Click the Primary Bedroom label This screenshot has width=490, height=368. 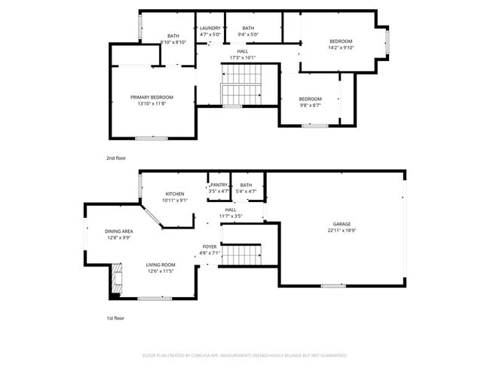coord(152,97)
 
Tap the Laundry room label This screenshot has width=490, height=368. coord(210,28)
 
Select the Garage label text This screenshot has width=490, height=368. coord(342,224)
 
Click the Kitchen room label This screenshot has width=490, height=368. coord(175,194)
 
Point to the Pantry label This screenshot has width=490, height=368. coord(219,185)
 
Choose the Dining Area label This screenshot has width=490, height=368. coord(119,231)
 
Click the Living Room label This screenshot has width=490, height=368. coord(161,265)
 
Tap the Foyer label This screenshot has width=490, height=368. coord(209,247)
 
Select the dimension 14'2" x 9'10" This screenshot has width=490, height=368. coord(341,48)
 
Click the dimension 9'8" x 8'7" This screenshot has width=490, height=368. coord(310,106)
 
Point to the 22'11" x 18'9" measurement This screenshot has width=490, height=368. coord(342,231)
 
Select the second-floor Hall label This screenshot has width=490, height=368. coord(242,51)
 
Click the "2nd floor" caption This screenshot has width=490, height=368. coord(116,159)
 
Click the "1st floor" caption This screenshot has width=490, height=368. coord(116,318)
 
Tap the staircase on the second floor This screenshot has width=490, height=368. coord(240,84)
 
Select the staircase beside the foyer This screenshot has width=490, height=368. coord(243,255)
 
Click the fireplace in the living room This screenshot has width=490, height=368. coord(116,279)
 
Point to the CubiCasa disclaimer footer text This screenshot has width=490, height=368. coord(245,354)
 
